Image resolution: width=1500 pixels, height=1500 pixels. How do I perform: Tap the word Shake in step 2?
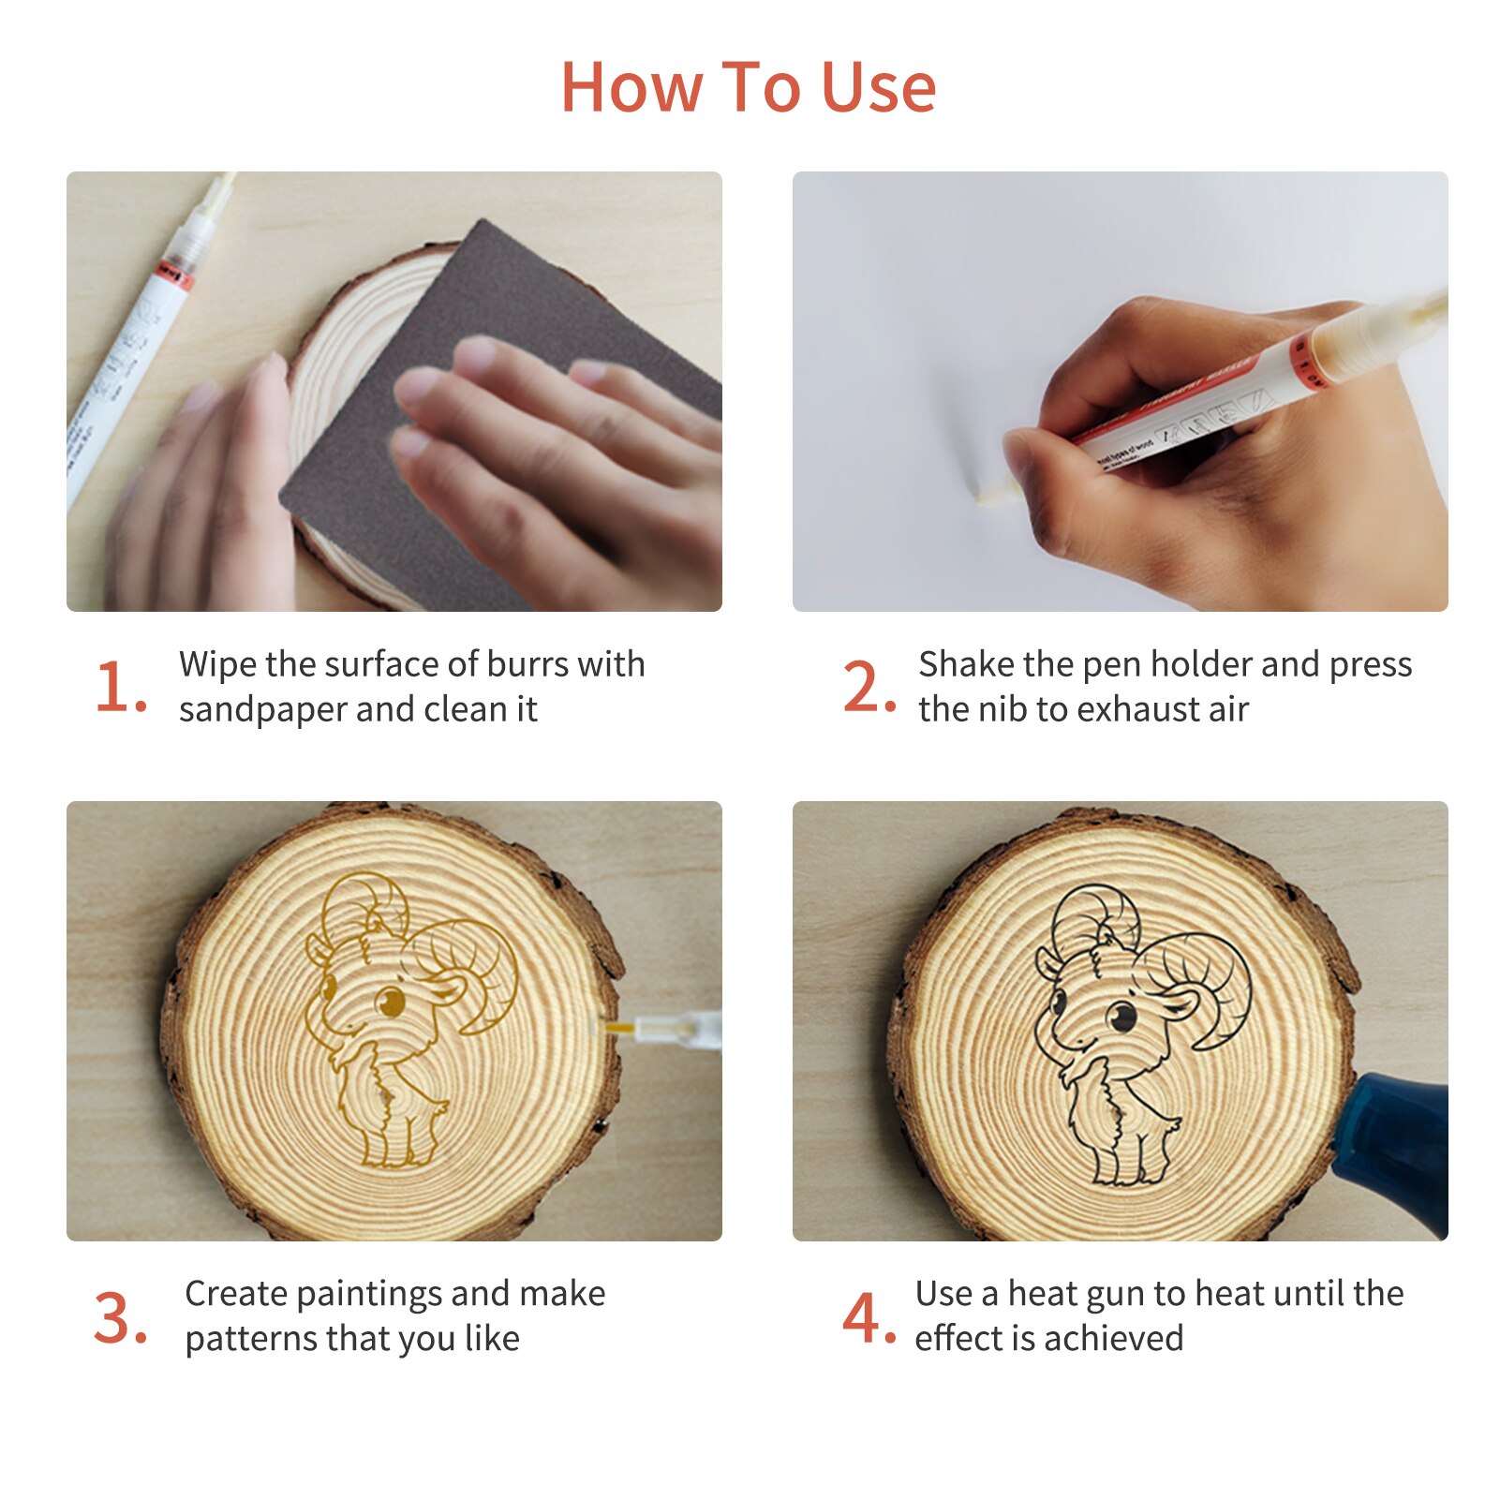pyautogui.click(x=966, y=664)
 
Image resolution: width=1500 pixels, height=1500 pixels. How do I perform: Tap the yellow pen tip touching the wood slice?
pyautogui.click(x=618, y=1029)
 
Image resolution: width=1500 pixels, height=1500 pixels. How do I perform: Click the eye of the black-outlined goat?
pyautogui.click(x=1121, y=1014)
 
